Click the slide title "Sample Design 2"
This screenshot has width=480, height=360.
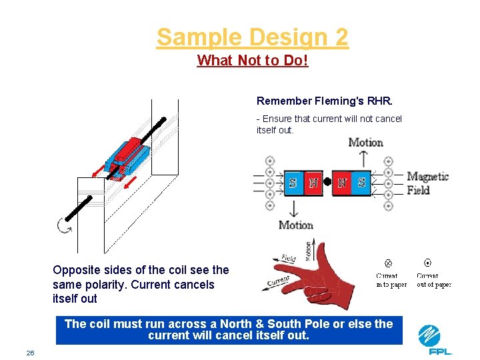tap(252, 37)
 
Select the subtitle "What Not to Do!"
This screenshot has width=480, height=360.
tap(253, 61)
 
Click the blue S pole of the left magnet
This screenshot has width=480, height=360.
tap(293, 183)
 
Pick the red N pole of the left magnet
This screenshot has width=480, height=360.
tap(312, 183)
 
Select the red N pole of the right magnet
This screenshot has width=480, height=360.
tap(343, 183)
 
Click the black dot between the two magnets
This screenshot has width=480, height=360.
tap(327, 181)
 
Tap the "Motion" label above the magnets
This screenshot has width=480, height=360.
tap(365, 143)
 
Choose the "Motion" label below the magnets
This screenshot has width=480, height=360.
tap(295, 225)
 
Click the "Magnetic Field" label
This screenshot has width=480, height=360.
tap(427, 183)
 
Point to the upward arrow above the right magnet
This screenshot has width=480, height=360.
tap(363, 159)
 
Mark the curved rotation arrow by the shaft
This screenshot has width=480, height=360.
tap(65, 226)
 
